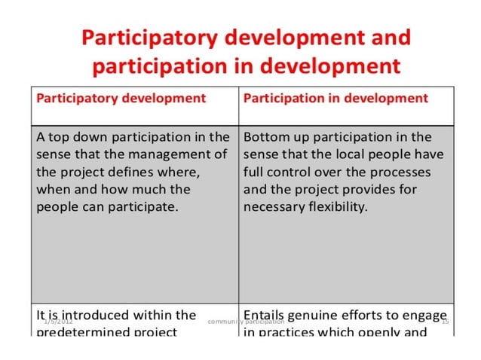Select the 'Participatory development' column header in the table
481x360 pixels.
tap(121, 98)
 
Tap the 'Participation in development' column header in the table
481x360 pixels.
tap(335, 98)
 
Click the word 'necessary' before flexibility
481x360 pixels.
tap(274, 206)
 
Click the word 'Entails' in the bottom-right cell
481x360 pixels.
tap(265, 315)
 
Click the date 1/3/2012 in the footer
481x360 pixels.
tap(58, 322)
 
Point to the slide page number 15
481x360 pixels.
tap(445, 322)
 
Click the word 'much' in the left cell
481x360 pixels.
tap(148, 189)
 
